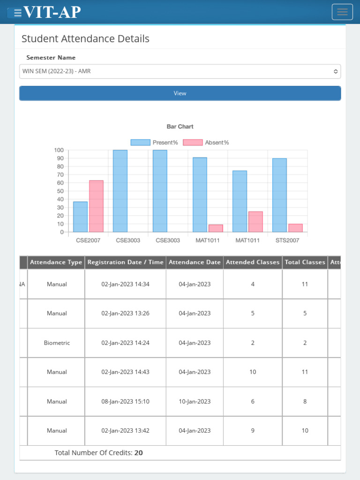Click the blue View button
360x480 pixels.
180,93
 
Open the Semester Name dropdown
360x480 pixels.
180,71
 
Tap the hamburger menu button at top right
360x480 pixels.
342,12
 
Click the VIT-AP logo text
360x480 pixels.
52,12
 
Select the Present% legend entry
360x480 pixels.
154,142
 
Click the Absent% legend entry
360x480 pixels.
206,142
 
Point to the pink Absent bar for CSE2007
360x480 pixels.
96,206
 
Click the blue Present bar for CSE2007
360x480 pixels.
80,217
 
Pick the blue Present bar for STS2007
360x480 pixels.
279,195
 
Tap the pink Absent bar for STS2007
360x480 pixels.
295,228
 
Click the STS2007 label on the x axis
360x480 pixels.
287,240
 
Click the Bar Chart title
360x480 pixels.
180,127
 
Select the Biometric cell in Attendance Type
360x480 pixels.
57,343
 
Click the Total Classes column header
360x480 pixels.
305,262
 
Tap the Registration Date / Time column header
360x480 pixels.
126,262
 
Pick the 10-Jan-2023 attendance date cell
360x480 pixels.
195,401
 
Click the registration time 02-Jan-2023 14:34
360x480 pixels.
126,284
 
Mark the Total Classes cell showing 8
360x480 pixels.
305,401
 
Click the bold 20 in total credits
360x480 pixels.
139,453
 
